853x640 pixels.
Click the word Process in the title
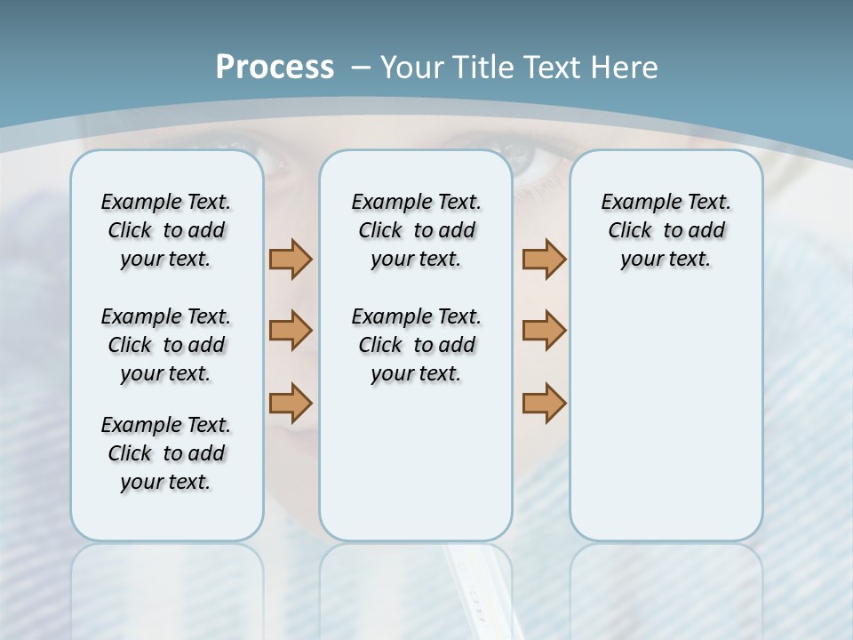[x=275, y=68]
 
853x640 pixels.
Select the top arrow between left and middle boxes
[x=291, y=259]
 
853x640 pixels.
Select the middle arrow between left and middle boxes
[x=291, y=331]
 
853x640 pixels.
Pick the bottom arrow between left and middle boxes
[x=291, y=403]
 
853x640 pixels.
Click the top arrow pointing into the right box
[x=544, y=259]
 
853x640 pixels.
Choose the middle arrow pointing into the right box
[x=544, y=331]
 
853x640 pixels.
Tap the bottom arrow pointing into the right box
[x=544, y=403]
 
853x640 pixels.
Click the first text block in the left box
[x=166, y=230]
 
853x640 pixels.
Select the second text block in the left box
[x=166, y=345]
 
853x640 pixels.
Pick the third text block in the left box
[x=166, y=453]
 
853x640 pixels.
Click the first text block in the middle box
[x=416, y=230]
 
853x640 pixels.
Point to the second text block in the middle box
[x=416, y=345]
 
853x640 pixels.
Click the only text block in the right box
[x=666, y=230]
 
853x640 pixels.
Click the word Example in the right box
[x=632, y=203]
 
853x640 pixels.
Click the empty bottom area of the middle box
[x=416, y=471]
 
